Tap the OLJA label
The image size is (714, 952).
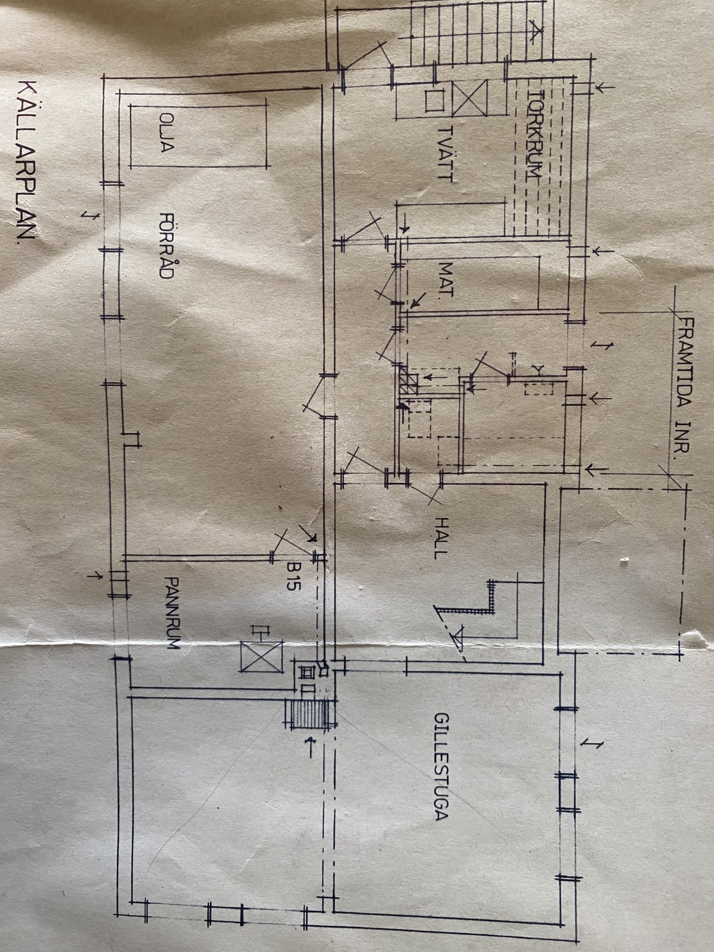tap(167, 133)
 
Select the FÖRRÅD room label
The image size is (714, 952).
tap(167, 246)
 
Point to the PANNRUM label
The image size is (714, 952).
tap(172, 612)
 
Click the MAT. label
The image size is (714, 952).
tap(446, 279)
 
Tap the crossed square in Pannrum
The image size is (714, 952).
tap(261, 657)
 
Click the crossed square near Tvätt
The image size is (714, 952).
tap(469, 98)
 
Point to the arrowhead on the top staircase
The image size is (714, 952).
tap(536, 33)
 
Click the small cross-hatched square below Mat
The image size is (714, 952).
tap(408, 380)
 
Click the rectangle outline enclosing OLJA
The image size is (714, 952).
tap(200, 136)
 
